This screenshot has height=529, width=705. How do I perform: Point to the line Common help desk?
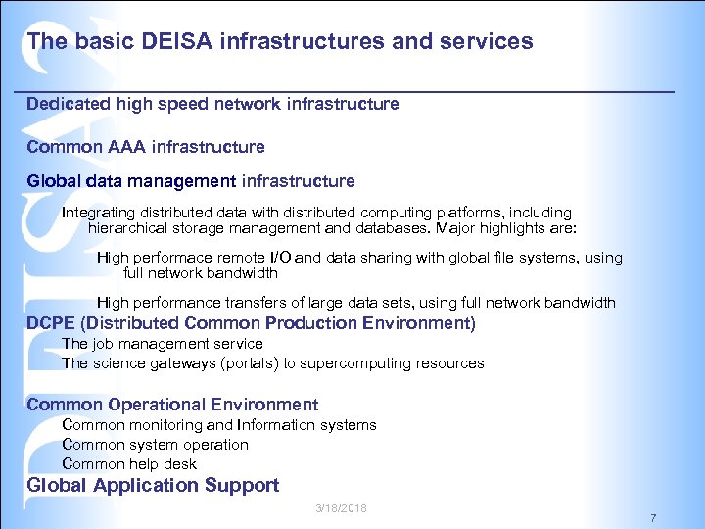tap(129, 464)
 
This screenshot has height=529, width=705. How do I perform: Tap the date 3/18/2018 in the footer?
tap(342, 507)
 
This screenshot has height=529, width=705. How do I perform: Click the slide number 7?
tap(653, 517)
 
